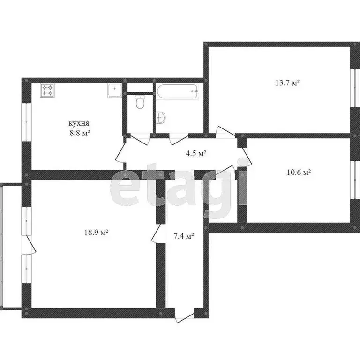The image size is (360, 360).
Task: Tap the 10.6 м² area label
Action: [299, 172]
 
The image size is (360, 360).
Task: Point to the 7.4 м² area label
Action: [184, 236]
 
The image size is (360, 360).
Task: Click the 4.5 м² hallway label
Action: [196, 153]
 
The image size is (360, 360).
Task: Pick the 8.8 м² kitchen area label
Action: [80, 133]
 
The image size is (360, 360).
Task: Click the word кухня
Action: [79, 123]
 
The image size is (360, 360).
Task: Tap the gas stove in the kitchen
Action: [47, 90]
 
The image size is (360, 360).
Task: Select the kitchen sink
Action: [115, 90]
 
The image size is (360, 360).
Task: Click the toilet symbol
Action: [139, 102]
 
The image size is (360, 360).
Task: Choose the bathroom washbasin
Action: [161, 117]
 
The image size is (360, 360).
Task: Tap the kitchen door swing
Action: [120, 153]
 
